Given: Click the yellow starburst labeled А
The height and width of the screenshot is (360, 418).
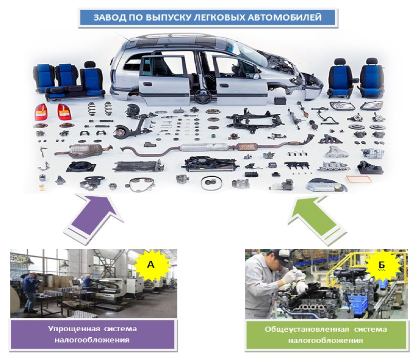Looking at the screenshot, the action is click(151, 265).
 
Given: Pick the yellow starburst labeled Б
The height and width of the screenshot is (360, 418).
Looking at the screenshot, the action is click(382, 265).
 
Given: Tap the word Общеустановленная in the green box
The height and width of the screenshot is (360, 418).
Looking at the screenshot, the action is click(307, 329).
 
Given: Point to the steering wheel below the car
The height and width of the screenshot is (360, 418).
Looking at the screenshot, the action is click(203, 96).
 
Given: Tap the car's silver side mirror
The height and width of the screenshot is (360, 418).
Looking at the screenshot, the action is click(256, 76).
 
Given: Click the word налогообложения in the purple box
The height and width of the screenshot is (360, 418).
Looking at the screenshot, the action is click(92, 340).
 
